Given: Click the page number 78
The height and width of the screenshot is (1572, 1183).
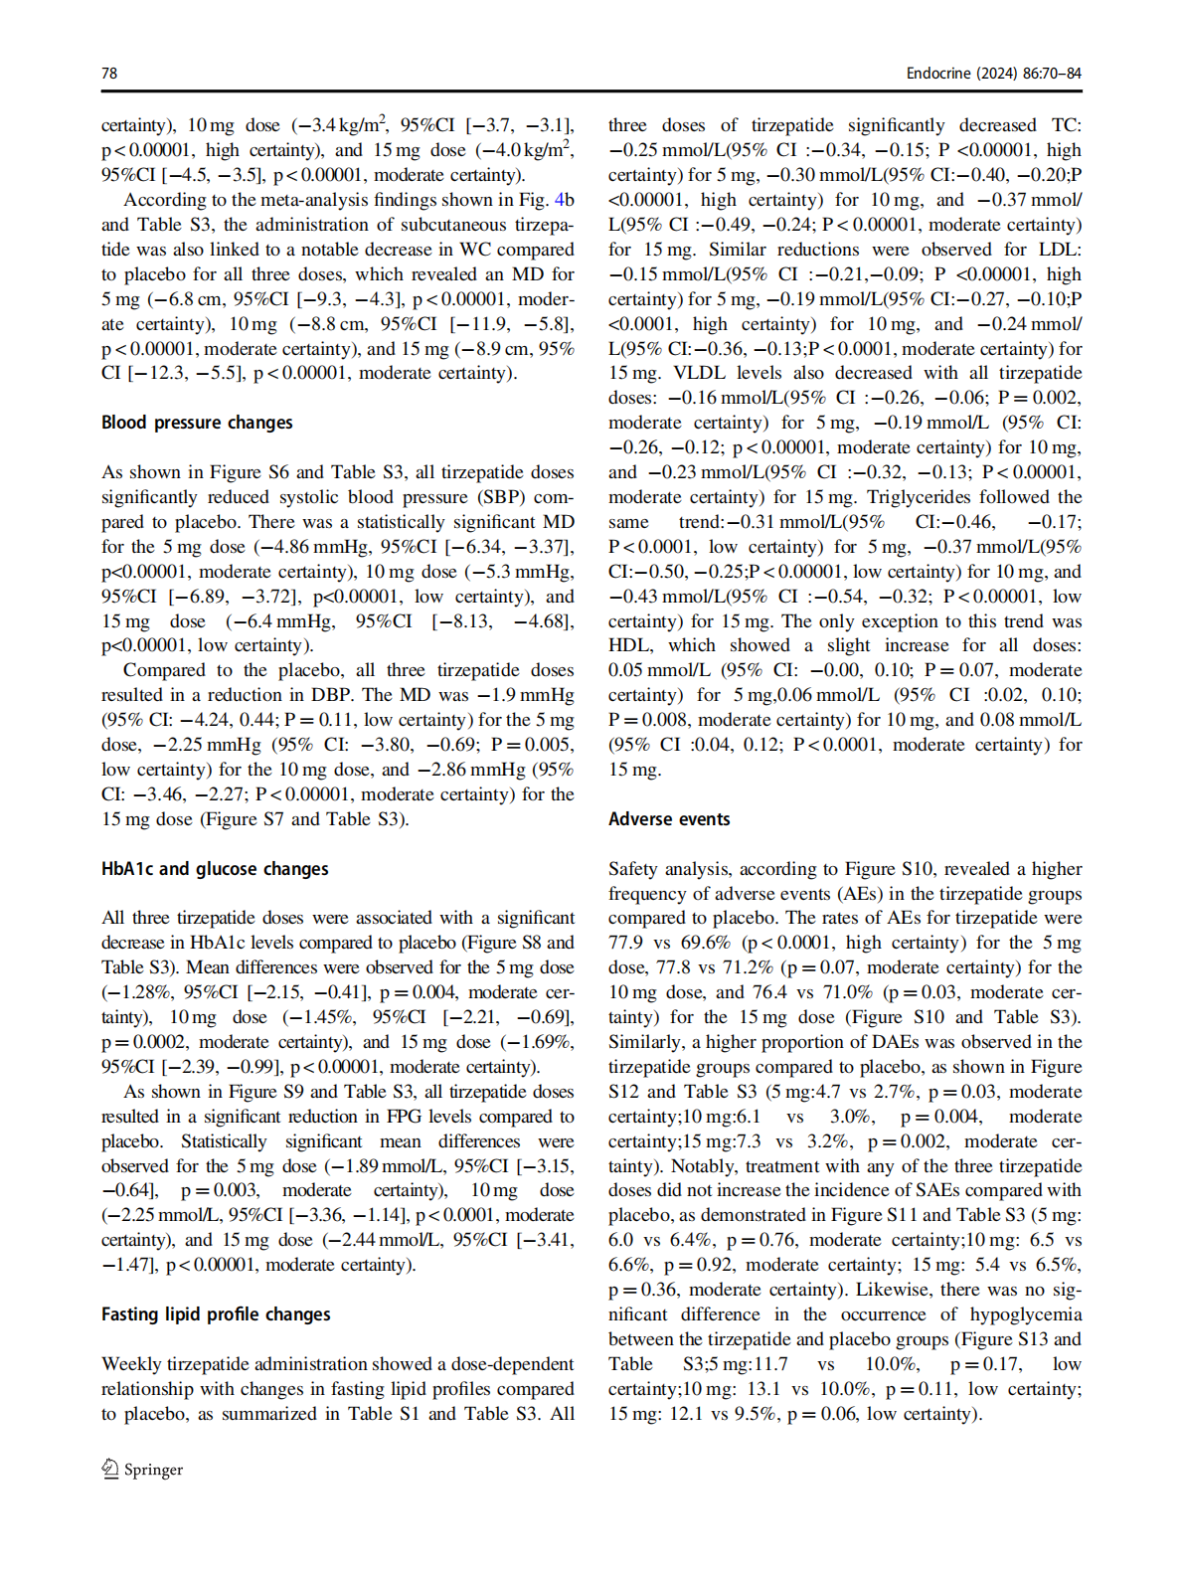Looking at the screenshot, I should pos(109,74).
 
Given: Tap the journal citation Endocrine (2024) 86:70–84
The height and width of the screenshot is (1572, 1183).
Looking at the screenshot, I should pos(993,74).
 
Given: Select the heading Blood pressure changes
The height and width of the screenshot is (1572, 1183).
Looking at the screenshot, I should pos(197,423).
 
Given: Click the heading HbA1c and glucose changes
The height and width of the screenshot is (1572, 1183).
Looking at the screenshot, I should pos(215,869).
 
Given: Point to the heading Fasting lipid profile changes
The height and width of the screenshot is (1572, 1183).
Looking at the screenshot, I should pos(216,1314).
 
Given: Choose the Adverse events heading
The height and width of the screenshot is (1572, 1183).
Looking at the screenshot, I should pos(669,819).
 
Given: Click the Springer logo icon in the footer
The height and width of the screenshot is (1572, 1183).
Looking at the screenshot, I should pos(110,1470).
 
